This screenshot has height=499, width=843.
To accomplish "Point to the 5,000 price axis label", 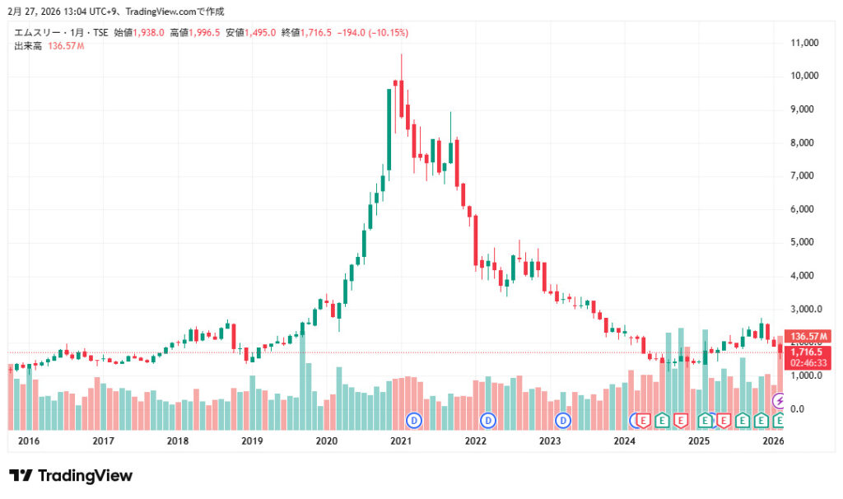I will [806, 242].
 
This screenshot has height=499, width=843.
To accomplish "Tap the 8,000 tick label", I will [806, 142].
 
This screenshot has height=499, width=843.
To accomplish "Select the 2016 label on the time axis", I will [29, 441].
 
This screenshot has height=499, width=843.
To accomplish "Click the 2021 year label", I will [401, 441].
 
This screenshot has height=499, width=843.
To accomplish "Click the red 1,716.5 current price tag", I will [808, 352].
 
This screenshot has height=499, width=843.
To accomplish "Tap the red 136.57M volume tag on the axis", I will [808, 337].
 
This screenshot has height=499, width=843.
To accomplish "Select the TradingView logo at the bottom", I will [71, 476].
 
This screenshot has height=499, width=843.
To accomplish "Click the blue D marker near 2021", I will [415, 421].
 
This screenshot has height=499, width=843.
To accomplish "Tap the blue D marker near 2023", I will [564, 421].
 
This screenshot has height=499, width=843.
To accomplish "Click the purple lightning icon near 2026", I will [780, 401].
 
